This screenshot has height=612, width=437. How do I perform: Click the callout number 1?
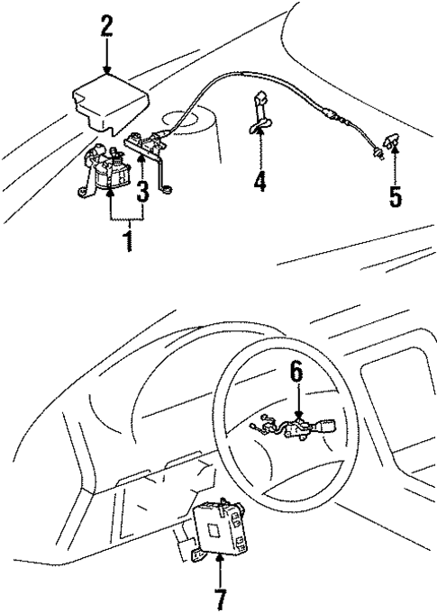click(x=128, y=240)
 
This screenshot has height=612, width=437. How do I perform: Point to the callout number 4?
click(x=259, y=181)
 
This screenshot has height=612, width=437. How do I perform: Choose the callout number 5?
click(x=395, y=196)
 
